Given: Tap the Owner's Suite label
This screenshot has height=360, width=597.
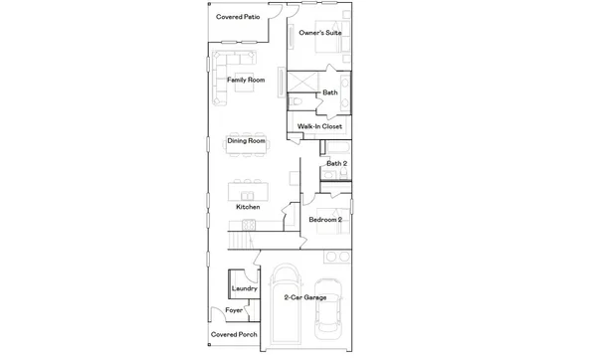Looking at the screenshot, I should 320,33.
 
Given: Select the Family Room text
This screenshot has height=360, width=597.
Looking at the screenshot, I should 245,80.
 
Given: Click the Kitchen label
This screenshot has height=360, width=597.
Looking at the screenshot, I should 247,207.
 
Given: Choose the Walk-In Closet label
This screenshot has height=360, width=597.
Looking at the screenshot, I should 319,126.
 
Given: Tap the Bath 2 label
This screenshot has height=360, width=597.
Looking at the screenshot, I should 336,163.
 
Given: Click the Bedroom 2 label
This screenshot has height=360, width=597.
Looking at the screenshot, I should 325,219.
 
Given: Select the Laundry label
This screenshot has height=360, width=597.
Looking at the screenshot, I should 245,289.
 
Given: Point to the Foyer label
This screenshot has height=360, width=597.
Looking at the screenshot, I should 234,311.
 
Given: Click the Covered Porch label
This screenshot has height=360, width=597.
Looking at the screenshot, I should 235,335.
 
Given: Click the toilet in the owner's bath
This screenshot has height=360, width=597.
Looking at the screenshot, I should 297,100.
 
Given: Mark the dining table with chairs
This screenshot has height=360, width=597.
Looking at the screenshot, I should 246,141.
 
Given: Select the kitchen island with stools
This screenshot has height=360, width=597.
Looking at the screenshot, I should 246,189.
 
